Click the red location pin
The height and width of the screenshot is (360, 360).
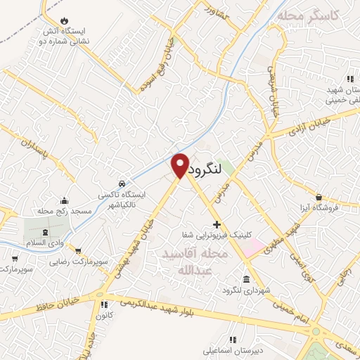pos(180,165)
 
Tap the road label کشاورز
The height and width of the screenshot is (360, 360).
pos(218,12)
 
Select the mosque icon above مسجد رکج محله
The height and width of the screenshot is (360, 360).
pos(64,200)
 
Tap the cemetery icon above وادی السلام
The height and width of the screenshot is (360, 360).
pos(46,231)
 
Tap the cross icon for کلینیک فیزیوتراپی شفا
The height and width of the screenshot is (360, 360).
pos(216,224)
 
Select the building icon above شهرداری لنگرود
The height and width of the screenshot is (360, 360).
pos(245,279)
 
